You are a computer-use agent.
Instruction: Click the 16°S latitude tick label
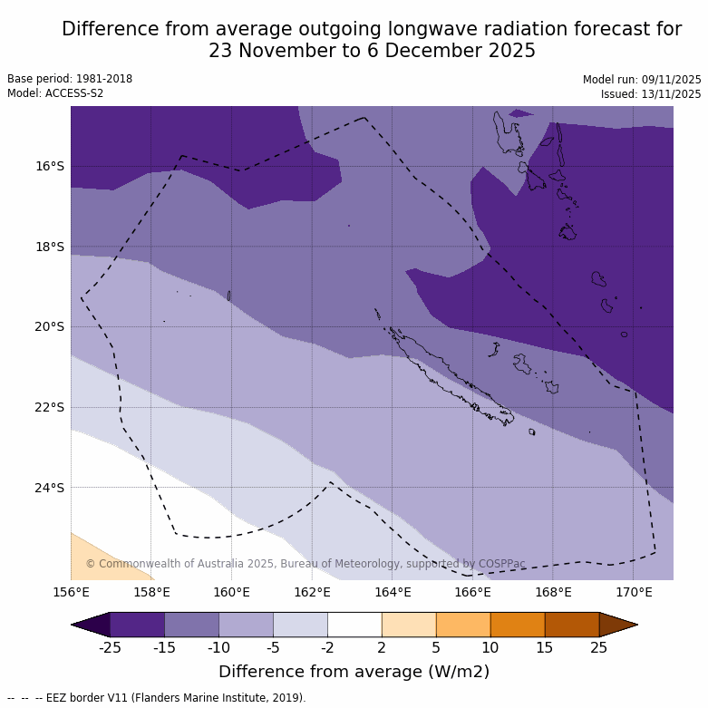50,166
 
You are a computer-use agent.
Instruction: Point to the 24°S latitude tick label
50,488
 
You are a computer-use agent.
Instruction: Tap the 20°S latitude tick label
50,326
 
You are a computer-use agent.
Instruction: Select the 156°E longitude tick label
71,593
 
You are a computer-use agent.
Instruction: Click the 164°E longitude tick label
393,593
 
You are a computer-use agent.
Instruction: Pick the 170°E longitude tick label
634,593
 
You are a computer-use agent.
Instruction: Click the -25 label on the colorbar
110,646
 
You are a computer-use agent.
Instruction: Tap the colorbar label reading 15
545,646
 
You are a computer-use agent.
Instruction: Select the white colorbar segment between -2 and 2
354,625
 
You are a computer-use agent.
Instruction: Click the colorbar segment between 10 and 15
518,625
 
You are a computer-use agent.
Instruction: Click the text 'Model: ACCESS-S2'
55,93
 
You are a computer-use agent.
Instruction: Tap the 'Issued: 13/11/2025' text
651,93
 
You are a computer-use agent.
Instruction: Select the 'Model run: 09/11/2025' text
642,79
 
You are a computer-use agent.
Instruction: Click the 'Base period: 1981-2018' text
70,79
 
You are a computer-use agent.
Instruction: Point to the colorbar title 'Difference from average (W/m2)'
354,672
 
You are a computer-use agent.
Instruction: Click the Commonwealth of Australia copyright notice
306,564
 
